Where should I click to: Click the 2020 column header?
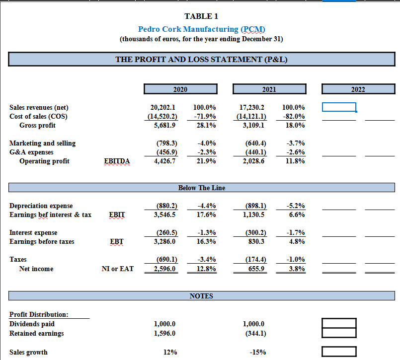coord(180,89)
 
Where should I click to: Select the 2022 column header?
coord(358,89)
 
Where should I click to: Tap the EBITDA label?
coord(117,161)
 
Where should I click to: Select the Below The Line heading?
coord(201,188)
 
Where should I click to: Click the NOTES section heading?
coord(201,296)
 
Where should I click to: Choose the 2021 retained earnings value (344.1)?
coord(255,333)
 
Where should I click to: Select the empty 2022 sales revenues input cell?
coord(339,107)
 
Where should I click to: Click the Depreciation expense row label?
coord(41,206)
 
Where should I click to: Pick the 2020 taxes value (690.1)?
coord(163,259)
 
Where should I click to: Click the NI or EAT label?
coord(117,269)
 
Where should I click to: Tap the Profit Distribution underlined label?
coord(39,314)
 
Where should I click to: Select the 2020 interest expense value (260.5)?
coord(163,232)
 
